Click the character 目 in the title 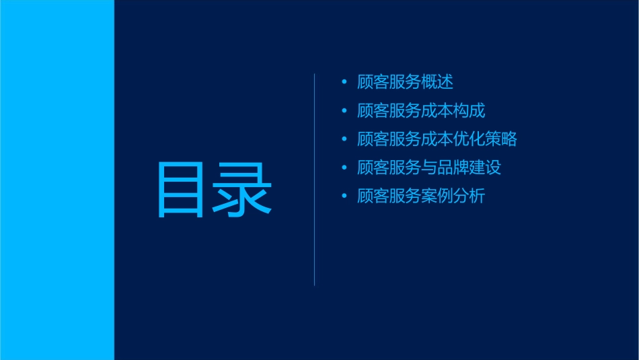(x=180, y=190)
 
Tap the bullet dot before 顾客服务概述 (x=344, y=82)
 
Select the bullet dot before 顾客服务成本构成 (x=344, y=111)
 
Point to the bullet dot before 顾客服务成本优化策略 (x=344, y=139)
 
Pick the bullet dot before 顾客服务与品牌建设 (x=344, y=168)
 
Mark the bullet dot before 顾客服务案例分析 (x=344, y=196)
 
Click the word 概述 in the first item (x=437, y=82)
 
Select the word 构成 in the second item (x=469, y=111)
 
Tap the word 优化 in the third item (x=469, y=139)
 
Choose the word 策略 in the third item (x=501, y=139)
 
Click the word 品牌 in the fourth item (x=453, y=168)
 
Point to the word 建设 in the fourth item (x=485, y=168)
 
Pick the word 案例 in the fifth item (x=437, y=196)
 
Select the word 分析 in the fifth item (x=469, y=196)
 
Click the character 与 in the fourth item (x=429, y=168)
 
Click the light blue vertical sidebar (x=57, y=180)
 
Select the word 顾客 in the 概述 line (x=373, y=82)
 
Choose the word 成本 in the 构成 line (x=437, y=111)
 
